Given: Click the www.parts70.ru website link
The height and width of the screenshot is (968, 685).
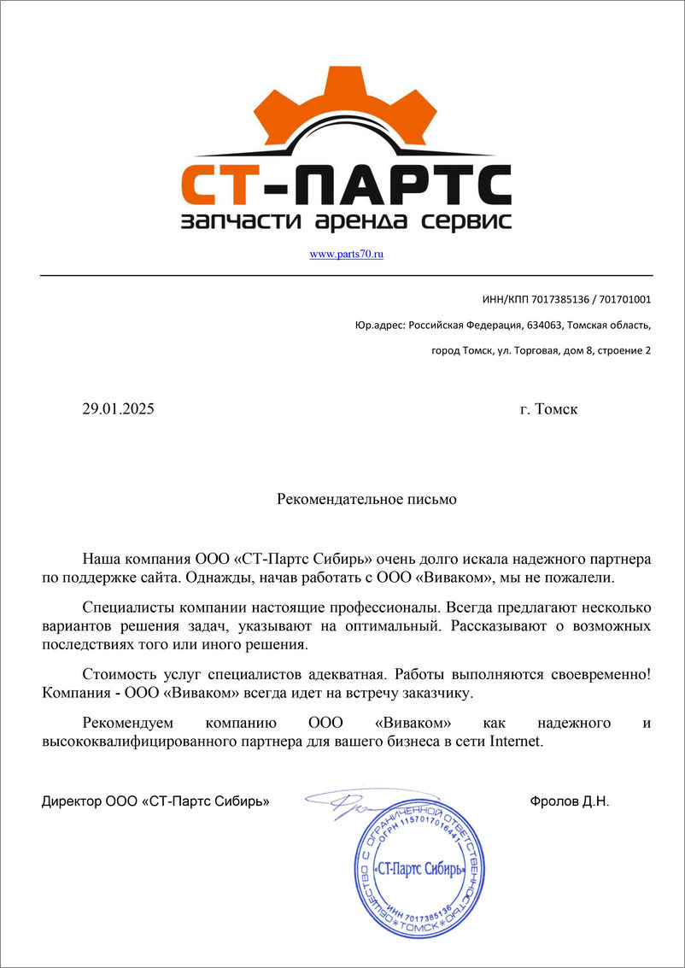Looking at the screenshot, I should [x=346, y=255].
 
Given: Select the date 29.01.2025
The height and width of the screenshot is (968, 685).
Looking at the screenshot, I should [x=118, y=409].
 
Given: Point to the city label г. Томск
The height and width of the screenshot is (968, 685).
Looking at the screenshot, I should [x=548, y=409].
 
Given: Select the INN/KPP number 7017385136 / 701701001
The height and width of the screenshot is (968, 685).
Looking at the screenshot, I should [x=591, y=300].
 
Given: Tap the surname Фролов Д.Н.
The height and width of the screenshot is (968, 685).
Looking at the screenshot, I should [x=570, y=802].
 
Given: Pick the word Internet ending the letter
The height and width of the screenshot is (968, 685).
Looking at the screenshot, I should [x=515, y=742].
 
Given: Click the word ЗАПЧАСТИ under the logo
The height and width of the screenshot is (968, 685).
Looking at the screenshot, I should [x=230, y=222].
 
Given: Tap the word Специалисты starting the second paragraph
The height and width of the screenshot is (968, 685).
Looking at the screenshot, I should [x=127, y=608].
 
